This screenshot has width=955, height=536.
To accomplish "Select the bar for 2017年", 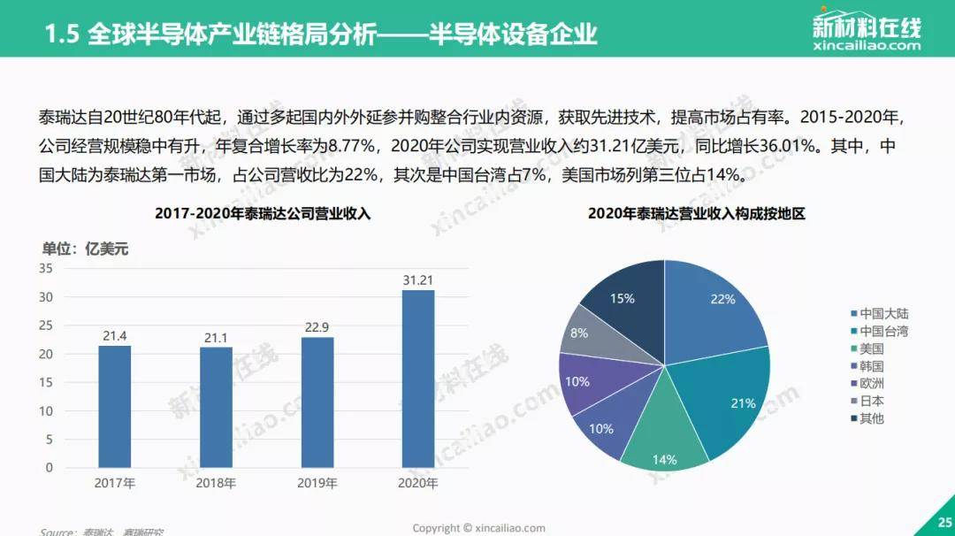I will [x=114, y=406].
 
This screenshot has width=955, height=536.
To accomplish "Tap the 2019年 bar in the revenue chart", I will [x=317, y=402].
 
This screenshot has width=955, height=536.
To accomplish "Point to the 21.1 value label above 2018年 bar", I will [x=216, y=337].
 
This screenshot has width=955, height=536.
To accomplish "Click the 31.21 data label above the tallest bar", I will [x=418, y=279].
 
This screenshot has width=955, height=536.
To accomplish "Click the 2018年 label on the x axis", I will [x=216, y=484].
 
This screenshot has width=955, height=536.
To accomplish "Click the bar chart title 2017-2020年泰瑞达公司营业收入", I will [x=263, y=213].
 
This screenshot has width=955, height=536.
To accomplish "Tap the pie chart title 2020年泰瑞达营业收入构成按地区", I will [x=696, y=213].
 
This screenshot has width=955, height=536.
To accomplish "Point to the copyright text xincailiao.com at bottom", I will [x=478, y=528].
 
